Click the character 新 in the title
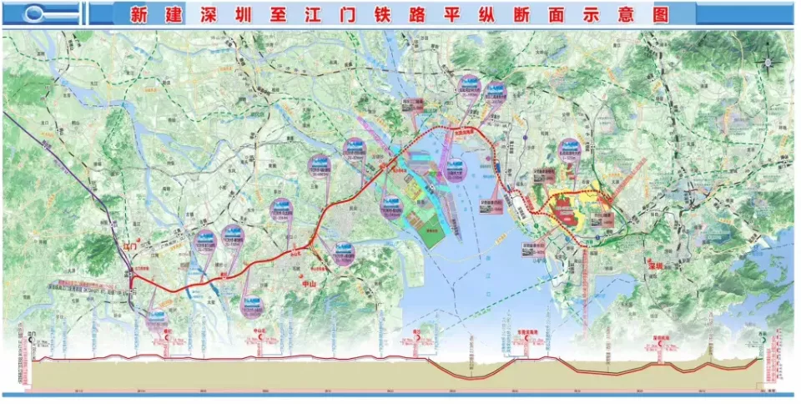[x=140, y=14]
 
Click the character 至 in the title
[x=287, y=14]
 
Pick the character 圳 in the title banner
[x=250, y=14]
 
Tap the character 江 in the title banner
[x=324, y=14]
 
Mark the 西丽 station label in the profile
[x=760, y=334]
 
